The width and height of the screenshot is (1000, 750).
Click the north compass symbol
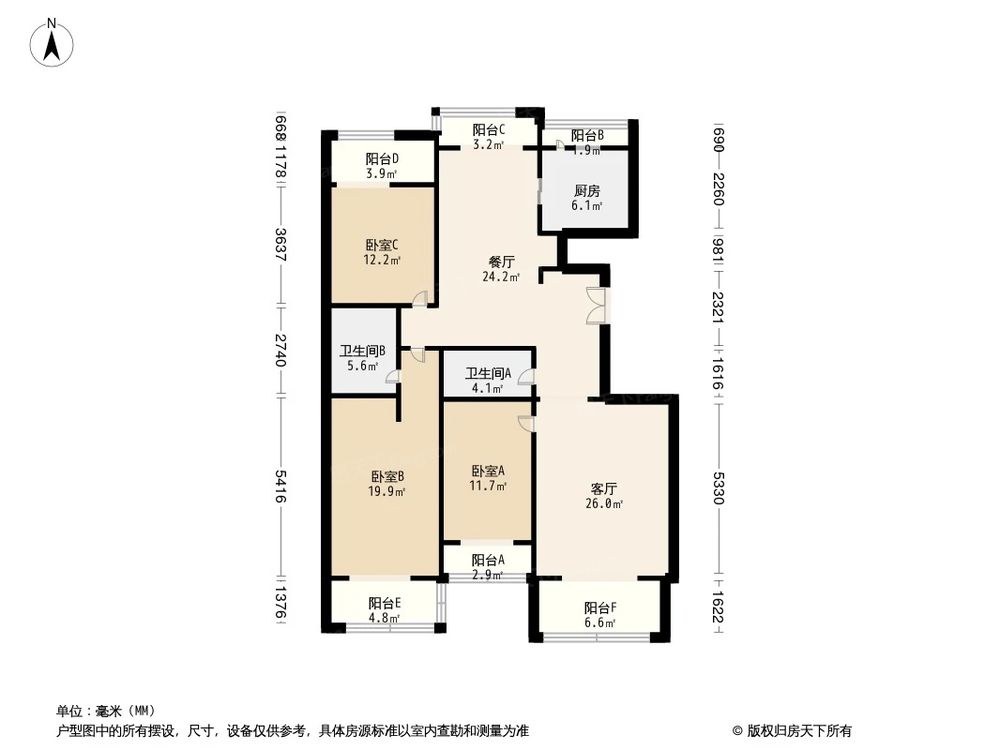coord(53,45)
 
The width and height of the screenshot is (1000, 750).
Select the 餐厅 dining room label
coord(501,261)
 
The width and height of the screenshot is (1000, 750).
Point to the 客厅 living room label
coord(603,489)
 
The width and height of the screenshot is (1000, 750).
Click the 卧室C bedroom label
coord(382,244)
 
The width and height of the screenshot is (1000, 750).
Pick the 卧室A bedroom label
coord(488,471)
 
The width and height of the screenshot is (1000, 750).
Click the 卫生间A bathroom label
coord(489,374)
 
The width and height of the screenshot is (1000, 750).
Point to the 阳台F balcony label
coord(601,607)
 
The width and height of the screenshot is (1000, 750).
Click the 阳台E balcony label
coord(384,603)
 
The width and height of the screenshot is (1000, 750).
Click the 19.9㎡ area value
coord(387,492)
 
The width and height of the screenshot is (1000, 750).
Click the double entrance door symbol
coord(596,305)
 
